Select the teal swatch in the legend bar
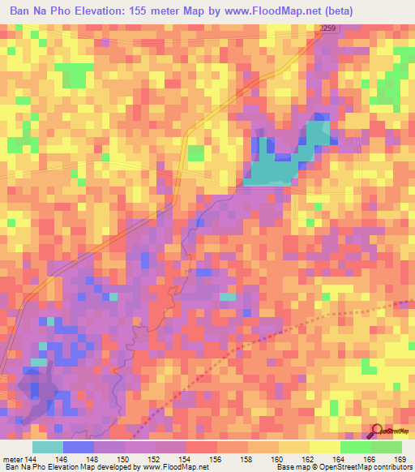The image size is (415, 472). point(48,447)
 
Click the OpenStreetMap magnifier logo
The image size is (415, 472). point(378,431)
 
